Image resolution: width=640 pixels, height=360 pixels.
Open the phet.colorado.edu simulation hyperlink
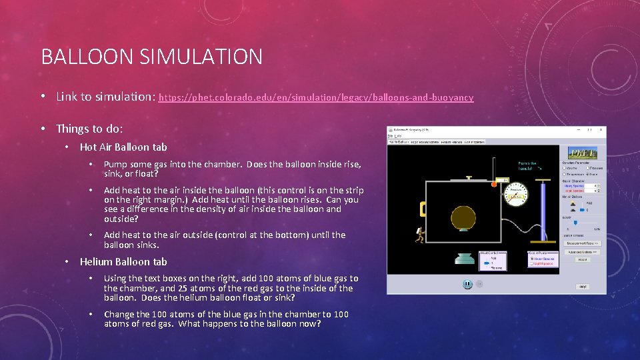(315, 97)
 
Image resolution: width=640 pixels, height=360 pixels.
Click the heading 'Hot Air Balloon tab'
(123, 147)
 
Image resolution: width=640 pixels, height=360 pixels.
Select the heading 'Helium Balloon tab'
(123, 262)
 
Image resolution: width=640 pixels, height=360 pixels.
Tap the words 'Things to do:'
(89, 129)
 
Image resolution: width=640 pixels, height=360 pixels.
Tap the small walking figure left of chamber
(419, 235)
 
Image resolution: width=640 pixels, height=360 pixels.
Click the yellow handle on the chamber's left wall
(423, 209)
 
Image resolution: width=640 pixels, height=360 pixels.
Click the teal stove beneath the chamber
(461, 260)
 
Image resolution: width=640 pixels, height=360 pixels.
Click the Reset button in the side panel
(582, 259)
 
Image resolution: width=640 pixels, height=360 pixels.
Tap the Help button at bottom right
(582, 287)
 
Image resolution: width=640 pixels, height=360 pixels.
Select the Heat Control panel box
(493, 261)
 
